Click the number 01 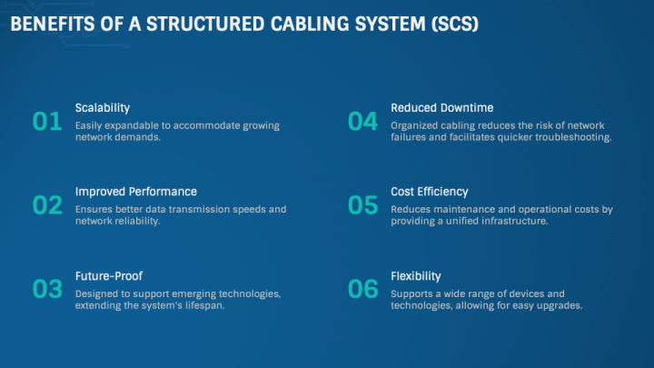click(x=47, y=122)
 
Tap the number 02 click(x=47, y=205)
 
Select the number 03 click(x=47, y=290)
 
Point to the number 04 click(x=362, y=122)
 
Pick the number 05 click(x=362, y=205)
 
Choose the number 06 click(x=362, y=290)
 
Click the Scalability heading click(x=103, y=107)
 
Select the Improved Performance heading click(x=136, y=192)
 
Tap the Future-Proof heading click(x=109, y=275)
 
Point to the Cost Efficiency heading click(x=430, y=192)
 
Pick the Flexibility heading click(x=416, y=275)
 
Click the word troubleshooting click(x=570, y=137)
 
